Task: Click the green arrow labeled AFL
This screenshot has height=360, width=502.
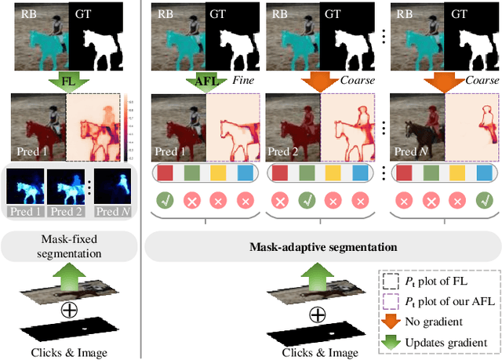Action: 206,80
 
